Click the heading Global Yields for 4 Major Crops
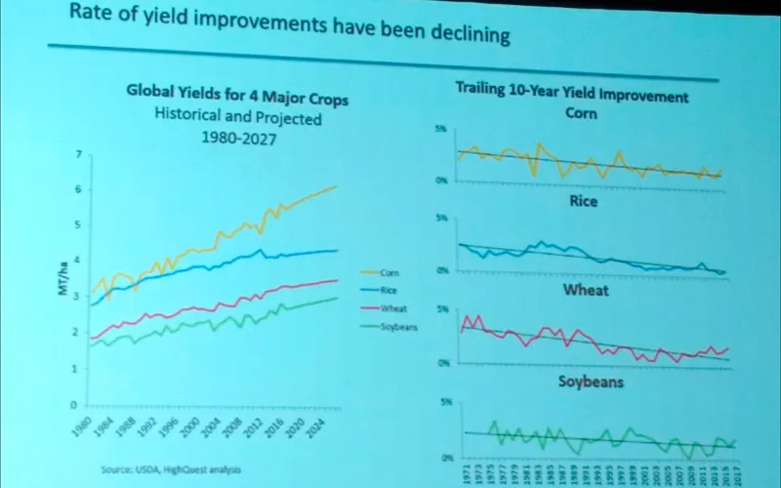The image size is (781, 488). [237, 99]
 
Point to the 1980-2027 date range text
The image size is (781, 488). [237, 139]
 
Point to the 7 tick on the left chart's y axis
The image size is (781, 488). [79, 155]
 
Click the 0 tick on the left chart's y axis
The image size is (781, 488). [73, 404]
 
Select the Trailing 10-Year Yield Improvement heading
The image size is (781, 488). [572, 96]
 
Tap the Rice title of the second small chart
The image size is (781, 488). [584, 203]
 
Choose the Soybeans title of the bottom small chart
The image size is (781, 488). [591, 381]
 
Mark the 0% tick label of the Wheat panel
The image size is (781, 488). [441, 362]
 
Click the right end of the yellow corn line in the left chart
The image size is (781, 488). [337, 185]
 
